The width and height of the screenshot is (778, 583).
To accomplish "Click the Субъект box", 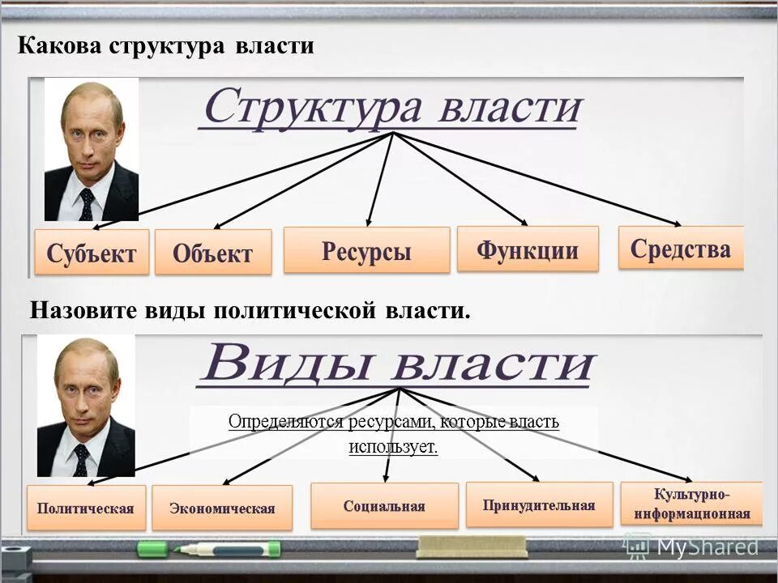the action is coord(92,252).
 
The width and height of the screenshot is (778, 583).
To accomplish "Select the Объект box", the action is coord(212,253).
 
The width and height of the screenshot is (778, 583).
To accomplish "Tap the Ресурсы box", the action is coord(366,250).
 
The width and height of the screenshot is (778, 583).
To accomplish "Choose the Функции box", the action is coord(528,249).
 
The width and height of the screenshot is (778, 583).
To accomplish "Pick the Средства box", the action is coord(681,248).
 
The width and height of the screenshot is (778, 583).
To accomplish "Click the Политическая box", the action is coord(86,508).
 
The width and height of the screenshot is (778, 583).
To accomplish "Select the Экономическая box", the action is coord(222,509).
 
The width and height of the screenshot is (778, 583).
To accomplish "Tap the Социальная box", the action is coord(384,506).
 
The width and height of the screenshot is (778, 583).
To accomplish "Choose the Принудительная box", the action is coord(539,505).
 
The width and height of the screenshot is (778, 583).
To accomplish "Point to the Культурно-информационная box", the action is coord(692,504).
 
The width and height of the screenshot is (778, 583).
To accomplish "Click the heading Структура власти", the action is coord(392,107).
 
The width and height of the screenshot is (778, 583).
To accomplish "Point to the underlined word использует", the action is coord(394,446).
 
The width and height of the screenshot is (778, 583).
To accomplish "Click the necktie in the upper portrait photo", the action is coord(86,203).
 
